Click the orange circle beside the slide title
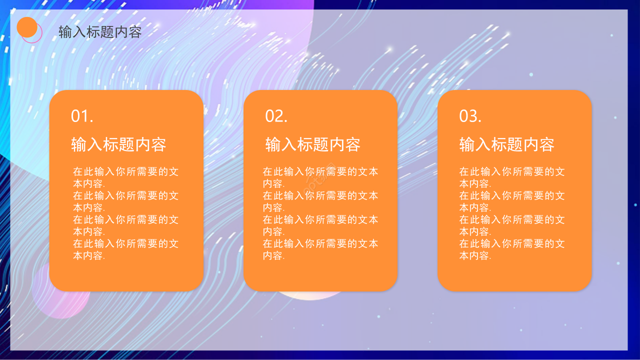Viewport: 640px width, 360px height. click(x=27, y=27)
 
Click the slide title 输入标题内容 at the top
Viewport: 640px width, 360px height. click(x=100, y=32)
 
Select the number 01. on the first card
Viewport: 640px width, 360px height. click(x=82, y=116)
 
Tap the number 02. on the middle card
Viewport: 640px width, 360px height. click(x=276, y=116)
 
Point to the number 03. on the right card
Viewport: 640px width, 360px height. click(x=470, y=116)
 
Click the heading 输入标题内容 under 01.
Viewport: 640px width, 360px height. click(x=118, y=144)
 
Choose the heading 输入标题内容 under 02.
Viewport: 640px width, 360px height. click(x=312, y=144)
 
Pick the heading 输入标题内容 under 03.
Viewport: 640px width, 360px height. click(x=506, y=144)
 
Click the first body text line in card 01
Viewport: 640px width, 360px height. click(x=125, y=172)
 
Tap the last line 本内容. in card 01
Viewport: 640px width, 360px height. click(x=89, y=256)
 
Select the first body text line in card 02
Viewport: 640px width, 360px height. click(x=320, y=172)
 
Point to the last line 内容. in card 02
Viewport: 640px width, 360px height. click(x=273, y=256)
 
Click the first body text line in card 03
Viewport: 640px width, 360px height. click(x=512, y=172)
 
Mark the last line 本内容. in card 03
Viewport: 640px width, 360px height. click(x=475, y=256)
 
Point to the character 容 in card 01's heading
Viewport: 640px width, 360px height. click(x=158, y=144)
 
